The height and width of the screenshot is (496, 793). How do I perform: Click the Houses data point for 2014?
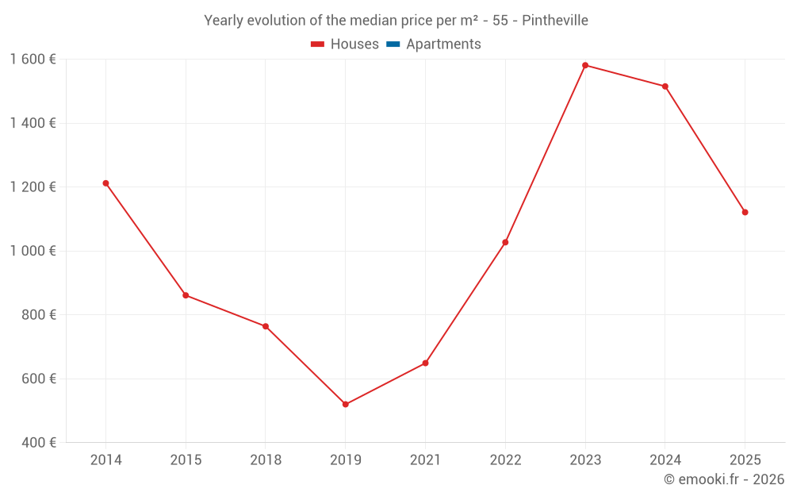(105, 183)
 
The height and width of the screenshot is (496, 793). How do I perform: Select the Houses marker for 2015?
(186, 295)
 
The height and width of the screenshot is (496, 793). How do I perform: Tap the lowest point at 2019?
(346, 405)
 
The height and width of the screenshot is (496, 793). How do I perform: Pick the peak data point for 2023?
(585, 65)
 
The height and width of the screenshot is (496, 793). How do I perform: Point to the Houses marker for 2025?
(745, 212)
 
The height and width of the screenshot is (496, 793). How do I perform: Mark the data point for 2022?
(505, 242)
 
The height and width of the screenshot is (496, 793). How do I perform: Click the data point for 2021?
(426, 363)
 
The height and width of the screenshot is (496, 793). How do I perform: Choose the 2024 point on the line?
(665, 87)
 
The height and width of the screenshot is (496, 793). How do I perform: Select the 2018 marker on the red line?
(266, 326)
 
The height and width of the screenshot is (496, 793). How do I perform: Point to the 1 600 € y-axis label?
(33, 60)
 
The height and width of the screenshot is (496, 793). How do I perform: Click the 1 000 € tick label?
(33, 251)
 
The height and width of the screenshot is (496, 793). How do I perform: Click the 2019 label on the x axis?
(346, 460)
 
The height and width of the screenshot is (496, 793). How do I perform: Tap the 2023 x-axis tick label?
(585, 460)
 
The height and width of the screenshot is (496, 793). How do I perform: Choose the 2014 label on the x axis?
(105, 460)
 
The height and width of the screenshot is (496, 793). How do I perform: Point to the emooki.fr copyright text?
(724, 479)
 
